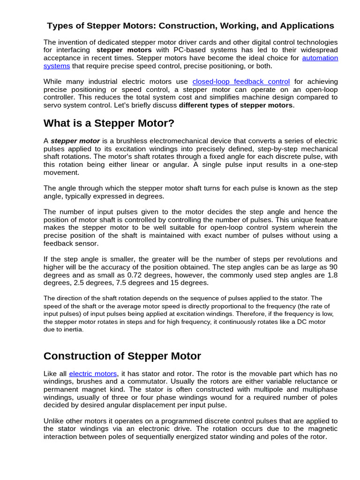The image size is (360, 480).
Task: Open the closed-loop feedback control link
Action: tap(241, 82)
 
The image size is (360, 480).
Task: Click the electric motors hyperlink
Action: tap(93, 374)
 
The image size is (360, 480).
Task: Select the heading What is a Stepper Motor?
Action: tap(109, 123)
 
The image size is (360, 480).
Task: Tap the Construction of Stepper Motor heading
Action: tap(122, 356)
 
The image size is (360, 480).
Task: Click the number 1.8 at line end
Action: tap(332, 275)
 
